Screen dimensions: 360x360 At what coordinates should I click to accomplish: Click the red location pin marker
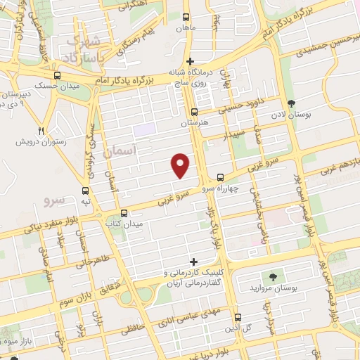pyautogui.click(x=181, y=165)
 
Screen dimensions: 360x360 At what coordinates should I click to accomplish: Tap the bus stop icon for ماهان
pyautogui.click(x=186, y=17)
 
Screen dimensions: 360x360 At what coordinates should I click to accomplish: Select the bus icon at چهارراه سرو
pyautogui.click(x=220, y=177)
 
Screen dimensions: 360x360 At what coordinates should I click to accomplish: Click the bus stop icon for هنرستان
pyautogui.click(x=195, y=111)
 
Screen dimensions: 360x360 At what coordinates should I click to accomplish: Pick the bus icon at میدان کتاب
pyautogui.click(x=124, y=212)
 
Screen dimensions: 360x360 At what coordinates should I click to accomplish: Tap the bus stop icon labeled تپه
pyautogui.click(x=86, y=190)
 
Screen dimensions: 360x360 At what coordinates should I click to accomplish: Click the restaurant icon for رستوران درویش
pyautogui.click(x=41, y=131)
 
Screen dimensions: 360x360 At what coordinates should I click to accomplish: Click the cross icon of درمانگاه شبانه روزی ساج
pyautogui.click(x=190, y=61)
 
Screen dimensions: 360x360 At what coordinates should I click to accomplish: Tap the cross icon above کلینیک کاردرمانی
pyautogui.click(x=193, y=262)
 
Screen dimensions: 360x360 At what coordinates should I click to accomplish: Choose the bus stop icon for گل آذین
pyautogui.click(x=238, y=317)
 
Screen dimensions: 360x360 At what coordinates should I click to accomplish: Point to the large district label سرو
pyautogui.click(x=54, y=200)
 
